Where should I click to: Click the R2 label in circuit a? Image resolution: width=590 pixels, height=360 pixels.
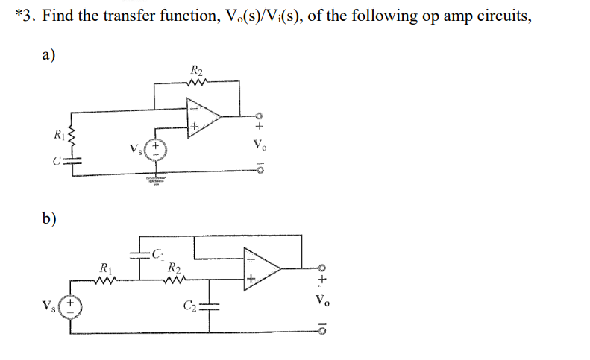pos(197,71)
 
